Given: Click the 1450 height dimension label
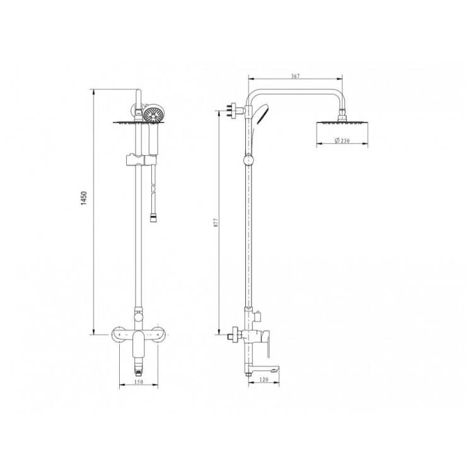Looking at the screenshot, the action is click(x=84, y=198).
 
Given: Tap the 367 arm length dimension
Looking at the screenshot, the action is click(x=295, y=76).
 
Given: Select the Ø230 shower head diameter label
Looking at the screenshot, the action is click(x=342, y=140).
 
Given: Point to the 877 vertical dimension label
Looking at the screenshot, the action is click(x=216, y=223).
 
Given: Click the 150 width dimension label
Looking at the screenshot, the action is click(x=139, y=382).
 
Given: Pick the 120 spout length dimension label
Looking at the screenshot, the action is click(x=264, y=380).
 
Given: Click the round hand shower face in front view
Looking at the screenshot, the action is click(x=154, y=114).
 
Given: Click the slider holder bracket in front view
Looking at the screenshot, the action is click(x=141, y=160).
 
